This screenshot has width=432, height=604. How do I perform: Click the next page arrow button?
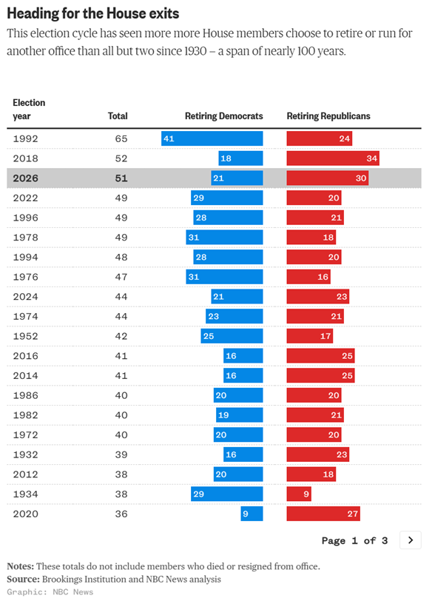click(x=411, y=540)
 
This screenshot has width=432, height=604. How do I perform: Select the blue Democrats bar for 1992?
click(x=212, y=138)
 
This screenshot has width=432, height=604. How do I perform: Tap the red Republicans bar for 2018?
click(x=333, y=158)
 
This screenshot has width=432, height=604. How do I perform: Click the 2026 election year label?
click(x=26, y=178)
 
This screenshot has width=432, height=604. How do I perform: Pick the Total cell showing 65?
click(x=121, y=138)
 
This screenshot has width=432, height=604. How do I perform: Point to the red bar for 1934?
click(x=299, y=494)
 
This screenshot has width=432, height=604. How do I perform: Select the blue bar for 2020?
click(x=252, y=514)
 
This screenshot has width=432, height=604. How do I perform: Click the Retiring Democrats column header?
click(x=223, y=116)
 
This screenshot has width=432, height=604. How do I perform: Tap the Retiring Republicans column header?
click(x=328, y=116)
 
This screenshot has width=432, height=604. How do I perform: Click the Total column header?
click(x=118, y=116)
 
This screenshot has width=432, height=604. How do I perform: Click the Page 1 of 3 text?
click(x=354, y=540)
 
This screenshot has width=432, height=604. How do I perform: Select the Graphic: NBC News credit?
click(x=50, y=592)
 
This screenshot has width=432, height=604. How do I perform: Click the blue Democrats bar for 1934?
click(x=226, y=494)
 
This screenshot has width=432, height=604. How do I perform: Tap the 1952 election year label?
click(x=26, y=336)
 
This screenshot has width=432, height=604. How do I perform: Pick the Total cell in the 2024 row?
click(x=121, y=297)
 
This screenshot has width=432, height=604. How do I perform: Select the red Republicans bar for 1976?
click(x=308, y=277)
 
